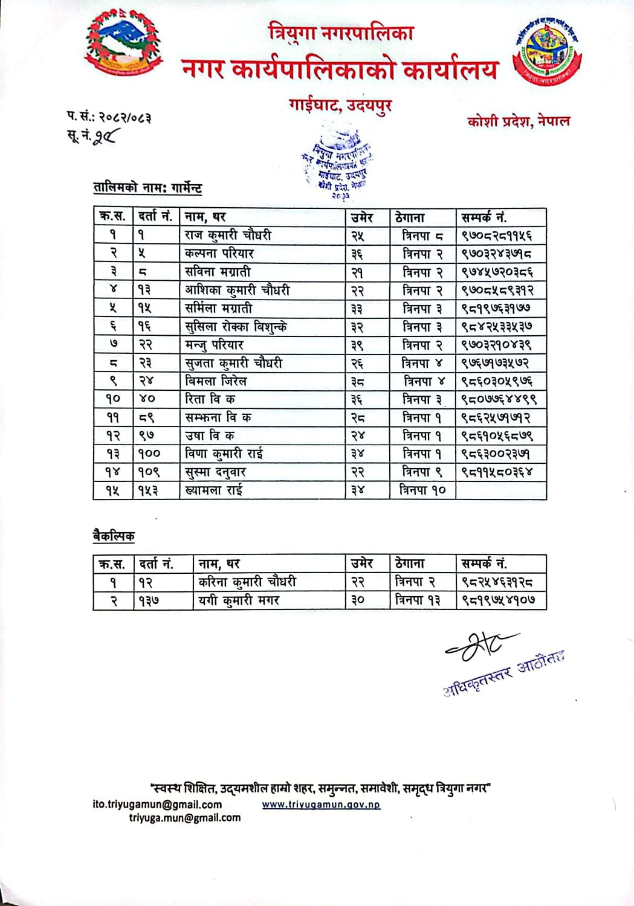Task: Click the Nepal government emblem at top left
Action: click(x=124, y=46)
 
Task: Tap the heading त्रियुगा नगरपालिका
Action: click(x=341, y=32)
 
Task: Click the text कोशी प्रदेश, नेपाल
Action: click(x=518, y=121)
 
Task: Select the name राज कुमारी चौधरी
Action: click(x=228, y=235)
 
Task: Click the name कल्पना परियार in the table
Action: click(x=219, y=254)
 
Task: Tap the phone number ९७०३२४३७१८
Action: click(x=496, y=254)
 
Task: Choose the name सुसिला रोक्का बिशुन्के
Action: click(x=236, y=327)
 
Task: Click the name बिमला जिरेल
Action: click(x=216, y=381)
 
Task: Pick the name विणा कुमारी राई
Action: click(x=224, y=454)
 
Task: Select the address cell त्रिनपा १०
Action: click(x=422, y=490)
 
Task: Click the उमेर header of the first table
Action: click(x=362, y=217)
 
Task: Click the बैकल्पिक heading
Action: click(x=114, y=536)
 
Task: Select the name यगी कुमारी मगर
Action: click(x=239, y=600)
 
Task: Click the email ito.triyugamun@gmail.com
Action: click(x=157, y=805)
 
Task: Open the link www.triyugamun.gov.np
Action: click(x=321, y=805)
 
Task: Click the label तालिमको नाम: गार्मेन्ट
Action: click(x=147, y=188)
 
